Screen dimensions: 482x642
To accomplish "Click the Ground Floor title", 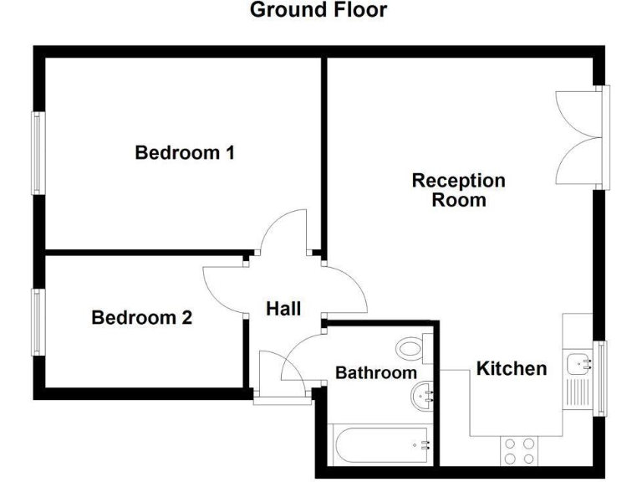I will [x=318, y=11].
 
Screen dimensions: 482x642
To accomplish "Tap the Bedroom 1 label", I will [x=184, y=153].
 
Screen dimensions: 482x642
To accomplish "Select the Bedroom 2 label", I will [x=141, y=318].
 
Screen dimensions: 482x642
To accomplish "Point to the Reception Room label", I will [x=459, y=190].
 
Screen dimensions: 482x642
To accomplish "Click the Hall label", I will [x=283, y=309].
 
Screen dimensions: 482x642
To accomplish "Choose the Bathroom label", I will [x=376, y=373].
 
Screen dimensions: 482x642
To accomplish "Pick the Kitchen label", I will [x=512, y=368].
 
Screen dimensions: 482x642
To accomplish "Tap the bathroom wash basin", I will [x=424, y=396].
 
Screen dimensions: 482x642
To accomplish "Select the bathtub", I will [x=380, y=446].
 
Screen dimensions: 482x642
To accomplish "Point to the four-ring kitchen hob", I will [x=519, y=452].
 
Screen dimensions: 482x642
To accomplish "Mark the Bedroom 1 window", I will [x=38, y=153].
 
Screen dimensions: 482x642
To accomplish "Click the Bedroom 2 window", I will [x=38, y=321].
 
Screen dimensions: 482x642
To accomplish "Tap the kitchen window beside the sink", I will [x=599, y=378].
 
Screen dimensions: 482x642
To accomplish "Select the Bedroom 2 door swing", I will [x=223, y=289].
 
